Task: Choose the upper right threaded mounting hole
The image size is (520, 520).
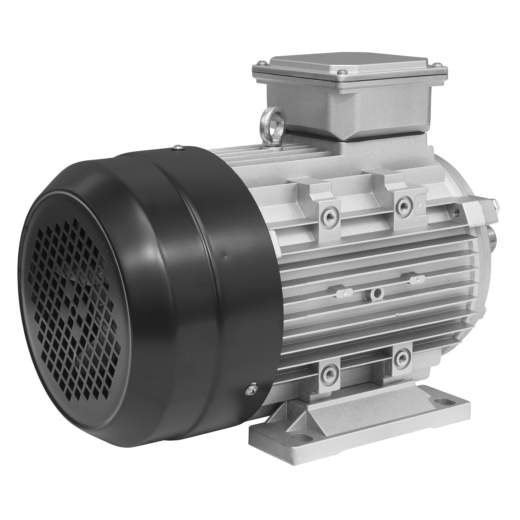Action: (x=404, y=203)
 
